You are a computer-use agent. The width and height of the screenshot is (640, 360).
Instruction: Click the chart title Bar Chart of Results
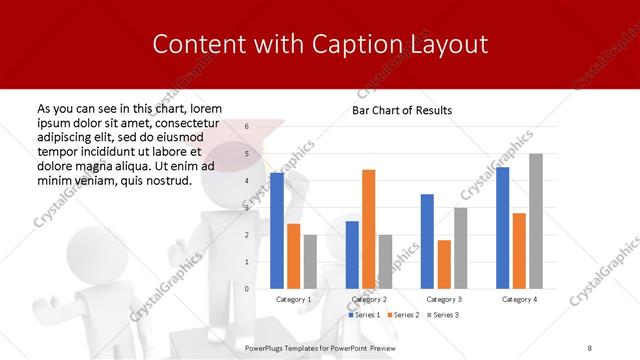pos(401,110)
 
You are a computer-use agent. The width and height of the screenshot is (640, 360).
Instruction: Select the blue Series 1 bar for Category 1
pos(277,230)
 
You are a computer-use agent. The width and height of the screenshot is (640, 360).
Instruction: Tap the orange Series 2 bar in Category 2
pos(369,229)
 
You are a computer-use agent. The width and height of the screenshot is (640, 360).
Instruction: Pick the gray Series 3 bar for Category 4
pos(536,221)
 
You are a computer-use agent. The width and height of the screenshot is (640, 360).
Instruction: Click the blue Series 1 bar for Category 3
pos(427,241)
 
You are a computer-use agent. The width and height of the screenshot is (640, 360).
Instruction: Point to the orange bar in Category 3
pos(444,264)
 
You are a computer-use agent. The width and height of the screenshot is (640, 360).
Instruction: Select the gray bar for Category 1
pos(310,261)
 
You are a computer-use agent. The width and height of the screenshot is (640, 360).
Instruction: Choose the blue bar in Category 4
pos(503,227)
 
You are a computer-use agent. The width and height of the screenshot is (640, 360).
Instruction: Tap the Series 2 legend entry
pos(405,315)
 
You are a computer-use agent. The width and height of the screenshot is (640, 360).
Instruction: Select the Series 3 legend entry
pos(445,315)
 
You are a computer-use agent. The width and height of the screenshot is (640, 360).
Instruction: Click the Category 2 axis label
pos(369,299)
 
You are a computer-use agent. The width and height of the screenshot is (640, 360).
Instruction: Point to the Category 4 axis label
pos(519,299)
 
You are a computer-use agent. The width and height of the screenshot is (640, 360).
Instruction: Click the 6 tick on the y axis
pos(247,127)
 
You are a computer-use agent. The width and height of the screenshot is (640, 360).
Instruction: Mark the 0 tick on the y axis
pos(247,289)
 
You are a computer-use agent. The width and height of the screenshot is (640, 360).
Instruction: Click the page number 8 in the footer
pos(590,346)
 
